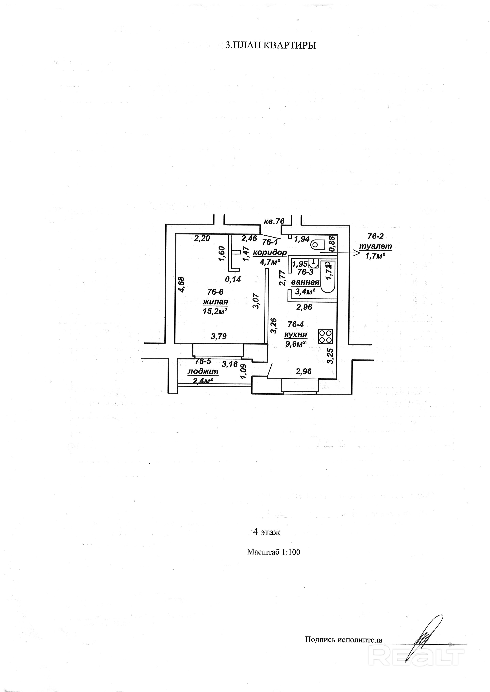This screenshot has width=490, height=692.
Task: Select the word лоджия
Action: (203, 371)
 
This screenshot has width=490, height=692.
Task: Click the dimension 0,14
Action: (233, 279)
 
